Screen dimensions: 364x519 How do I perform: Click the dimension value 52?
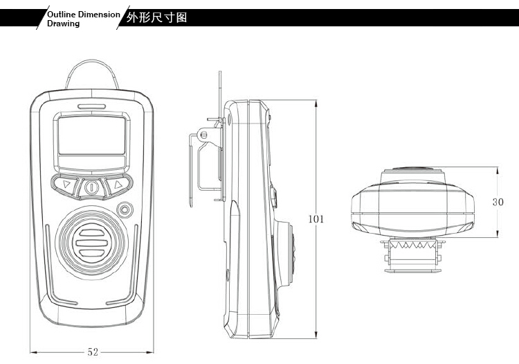pos(93,352)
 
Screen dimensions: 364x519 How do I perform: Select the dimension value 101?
pos(316,219)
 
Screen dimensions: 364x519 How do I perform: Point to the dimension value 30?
pos(498,202)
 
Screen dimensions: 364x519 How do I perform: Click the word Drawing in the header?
pos(63,24)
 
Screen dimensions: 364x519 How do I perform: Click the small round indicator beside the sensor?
pos(125,209)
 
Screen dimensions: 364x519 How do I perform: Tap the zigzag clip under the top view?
pos(412,247)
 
